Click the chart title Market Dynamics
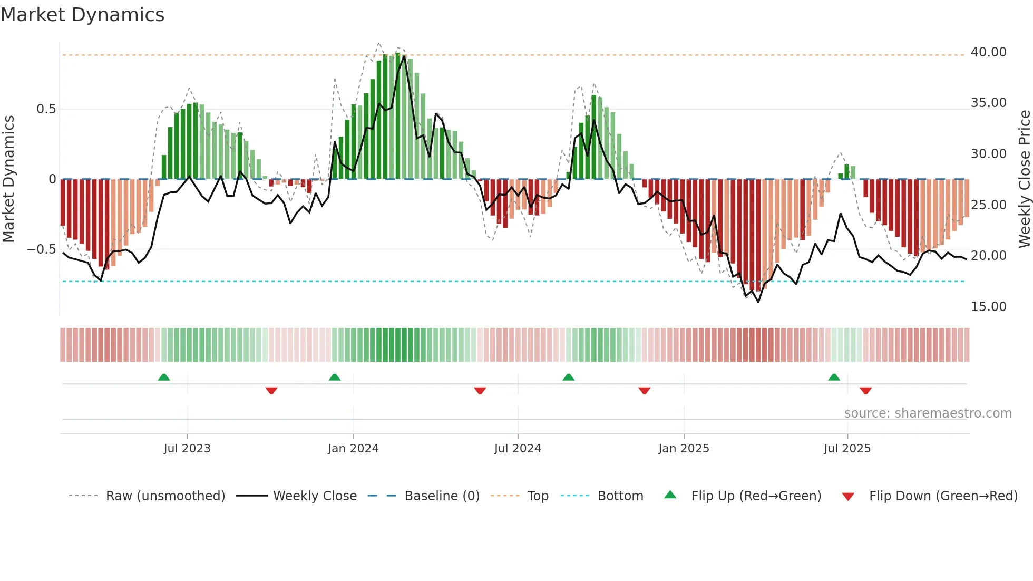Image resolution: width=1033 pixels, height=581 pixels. [x=82, y=15]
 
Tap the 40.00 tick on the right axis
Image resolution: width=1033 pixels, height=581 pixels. [x=988, y=52]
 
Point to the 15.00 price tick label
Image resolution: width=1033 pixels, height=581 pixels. [x=988, y=307]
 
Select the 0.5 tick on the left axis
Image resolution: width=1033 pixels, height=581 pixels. [x=46, y=109]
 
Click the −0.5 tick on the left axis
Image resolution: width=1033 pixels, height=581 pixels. [x=41, y=249]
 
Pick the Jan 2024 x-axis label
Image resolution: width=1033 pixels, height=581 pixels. [x=353, y=449]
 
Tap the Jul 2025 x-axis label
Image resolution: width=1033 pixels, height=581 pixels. [x=847, y=449]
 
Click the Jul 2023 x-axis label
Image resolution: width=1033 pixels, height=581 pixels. [x=187, y=449]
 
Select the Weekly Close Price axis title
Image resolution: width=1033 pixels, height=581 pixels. [x=1024, y=179]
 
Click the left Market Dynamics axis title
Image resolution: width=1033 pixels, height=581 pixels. [x=8, y=179]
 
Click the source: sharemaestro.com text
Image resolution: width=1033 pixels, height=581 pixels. [x=928, y=413]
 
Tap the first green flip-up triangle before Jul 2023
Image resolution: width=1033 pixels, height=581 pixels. [x=164, y=377]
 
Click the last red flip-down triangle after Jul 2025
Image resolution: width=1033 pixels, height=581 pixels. [x=865, y=391]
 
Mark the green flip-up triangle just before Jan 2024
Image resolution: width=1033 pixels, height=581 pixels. [x=334, y=377]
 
